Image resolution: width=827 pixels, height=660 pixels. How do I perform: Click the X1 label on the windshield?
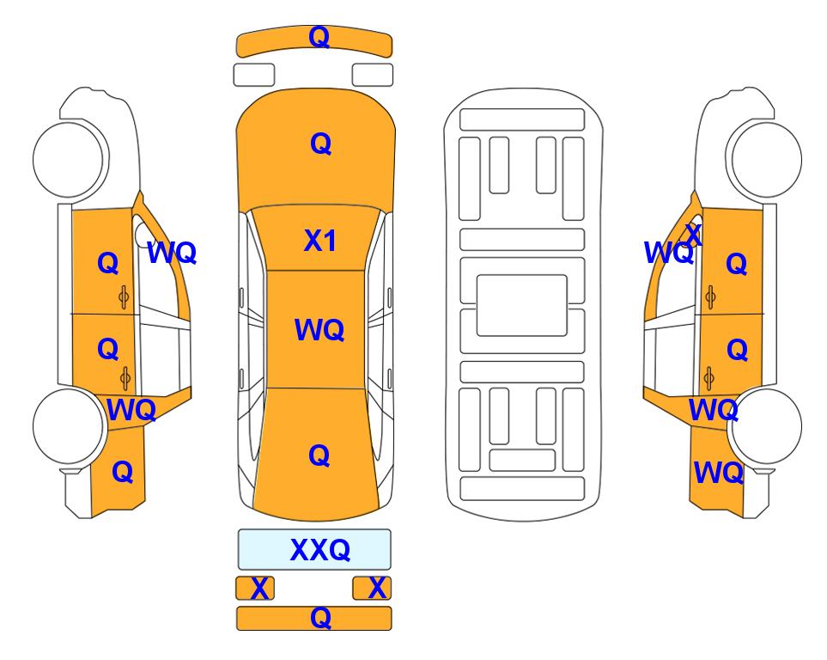[x=320, y=241]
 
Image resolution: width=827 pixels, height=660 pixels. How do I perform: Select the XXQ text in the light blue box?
[x=320, y=550]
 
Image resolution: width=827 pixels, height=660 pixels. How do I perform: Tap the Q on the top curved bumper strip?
[x=319, y=37]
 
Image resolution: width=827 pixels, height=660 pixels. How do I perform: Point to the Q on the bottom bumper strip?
[x=320, y=617]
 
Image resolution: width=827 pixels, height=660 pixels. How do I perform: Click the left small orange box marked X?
[x=255, y=588]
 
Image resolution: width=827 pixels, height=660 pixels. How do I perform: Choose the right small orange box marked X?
[x=373, y=588]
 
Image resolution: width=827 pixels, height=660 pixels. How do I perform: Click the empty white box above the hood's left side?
[x=254, y=75]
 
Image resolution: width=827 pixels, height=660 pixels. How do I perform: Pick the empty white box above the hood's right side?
[x=373, y=75]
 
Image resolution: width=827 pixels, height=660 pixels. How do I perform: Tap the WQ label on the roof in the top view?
[x=319, y=330]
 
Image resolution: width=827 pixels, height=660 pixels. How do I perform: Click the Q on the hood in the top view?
[x=320, y=144]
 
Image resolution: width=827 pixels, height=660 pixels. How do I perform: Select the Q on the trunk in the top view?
[x=319, y=455]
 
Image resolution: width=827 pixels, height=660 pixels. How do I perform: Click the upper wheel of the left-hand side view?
[x=68, y=159]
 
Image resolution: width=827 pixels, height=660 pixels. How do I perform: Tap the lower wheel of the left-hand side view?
[x=68, y=425]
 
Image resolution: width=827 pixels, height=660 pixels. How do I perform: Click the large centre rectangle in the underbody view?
[x=521, y=305]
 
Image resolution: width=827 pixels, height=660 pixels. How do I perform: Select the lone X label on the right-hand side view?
[x=694, y=235]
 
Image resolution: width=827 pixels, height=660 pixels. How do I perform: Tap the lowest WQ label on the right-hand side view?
[x=718, y=473]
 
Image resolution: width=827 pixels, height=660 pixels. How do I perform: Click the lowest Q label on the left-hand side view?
[x=122, y=472]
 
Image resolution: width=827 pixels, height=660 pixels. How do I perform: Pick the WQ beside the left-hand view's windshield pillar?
[x=172, y=253]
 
